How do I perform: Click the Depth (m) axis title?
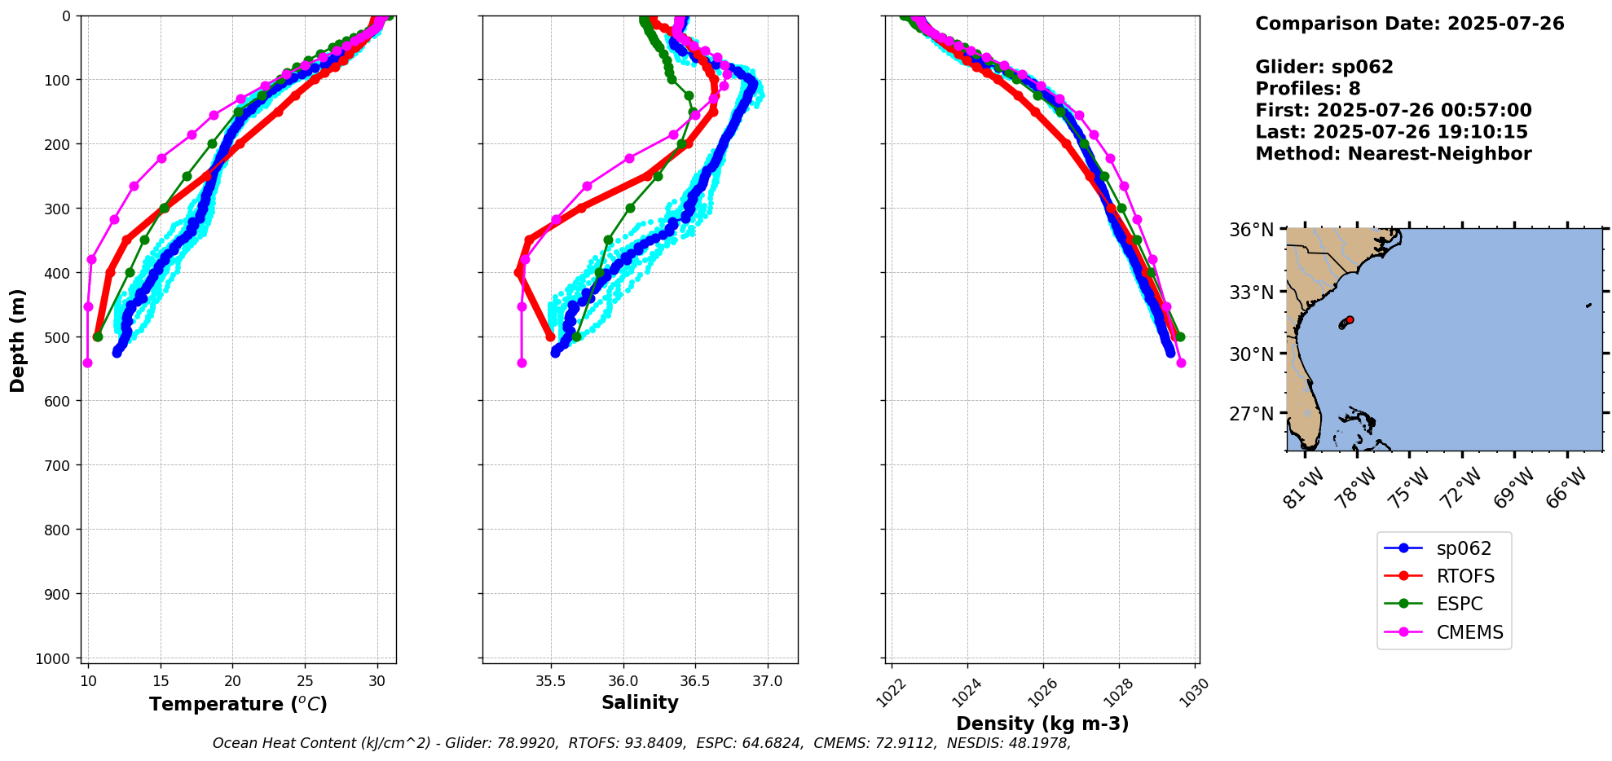click(x=17, y=340)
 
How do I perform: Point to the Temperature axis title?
click(x=238, y=704)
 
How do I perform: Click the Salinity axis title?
click(x=640, y=702)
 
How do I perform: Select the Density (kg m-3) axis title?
click(x=1042, y=724)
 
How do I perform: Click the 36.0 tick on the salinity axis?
click(x=623, y=681)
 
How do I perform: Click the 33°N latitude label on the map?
click(x=1251, y=292)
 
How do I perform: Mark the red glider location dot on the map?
click(x=1350, y=319)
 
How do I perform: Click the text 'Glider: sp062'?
click(x=1324, y=67)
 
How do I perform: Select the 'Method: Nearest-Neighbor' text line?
click(x=1393, y=153)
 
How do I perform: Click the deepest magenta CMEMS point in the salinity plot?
click(x=522, y=363)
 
